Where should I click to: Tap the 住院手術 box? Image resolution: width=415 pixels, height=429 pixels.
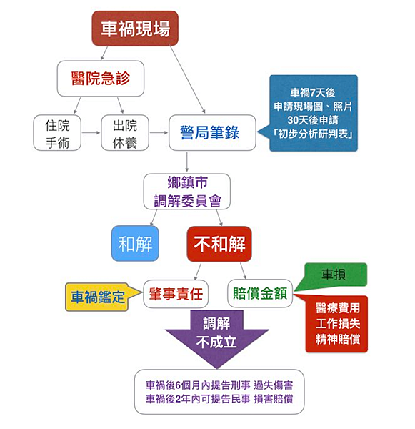coord(56,133)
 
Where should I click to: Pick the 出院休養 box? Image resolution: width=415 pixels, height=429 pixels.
coord(124,133)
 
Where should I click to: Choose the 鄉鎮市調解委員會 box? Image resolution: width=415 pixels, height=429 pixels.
coord(187,191)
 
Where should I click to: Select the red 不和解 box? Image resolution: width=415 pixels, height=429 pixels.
coord(219,244)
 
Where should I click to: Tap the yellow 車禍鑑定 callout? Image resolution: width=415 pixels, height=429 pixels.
coord(97,296)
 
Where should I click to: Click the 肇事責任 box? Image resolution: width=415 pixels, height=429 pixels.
coord(175,293)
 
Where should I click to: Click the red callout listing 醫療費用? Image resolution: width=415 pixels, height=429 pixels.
coord(336,323)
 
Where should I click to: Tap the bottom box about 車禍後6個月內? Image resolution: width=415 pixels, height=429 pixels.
coord(219,391)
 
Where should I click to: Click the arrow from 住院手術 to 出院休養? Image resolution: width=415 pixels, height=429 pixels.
coord(90,133)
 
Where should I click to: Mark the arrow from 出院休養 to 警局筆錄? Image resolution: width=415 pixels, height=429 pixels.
coord(158,133)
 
